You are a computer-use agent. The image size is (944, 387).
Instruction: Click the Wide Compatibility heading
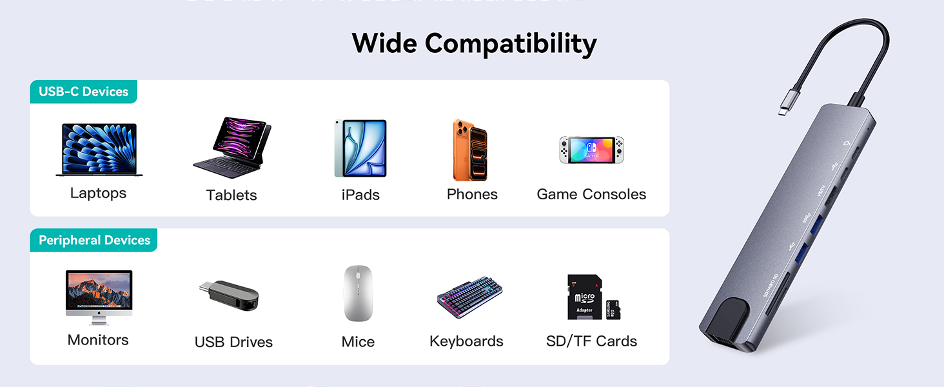pos(474,44)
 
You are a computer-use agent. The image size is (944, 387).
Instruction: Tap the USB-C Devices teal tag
pos(83,92)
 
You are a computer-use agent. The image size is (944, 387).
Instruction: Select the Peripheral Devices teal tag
pos(94,240)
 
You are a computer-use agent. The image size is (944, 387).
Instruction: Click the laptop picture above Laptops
pos(99,150)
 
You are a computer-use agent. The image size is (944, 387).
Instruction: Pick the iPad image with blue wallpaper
pos(360,148)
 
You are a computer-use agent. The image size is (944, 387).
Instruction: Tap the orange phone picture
pos(470,150)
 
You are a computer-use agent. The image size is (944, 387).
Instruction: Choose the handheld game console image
pos(591,150)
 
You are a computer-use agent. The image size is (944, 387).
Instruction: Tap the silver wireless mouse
pos(359,293)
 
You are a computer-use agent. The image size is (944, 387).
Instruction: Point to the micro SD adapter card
pos(584,297)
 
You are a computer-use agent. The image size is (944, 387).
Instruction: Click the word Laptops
pos(98,193)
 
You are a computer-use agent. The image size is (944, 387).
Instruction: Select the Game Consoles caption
pos(591,194)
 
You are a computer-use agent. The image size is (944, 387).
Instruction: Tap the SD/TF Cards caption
pos(591,341)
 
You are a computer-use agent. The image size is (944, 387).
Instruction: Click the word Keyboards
pos(466,341)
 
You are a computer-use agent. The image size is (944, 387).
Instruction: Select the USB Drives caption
pos(233,342)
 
